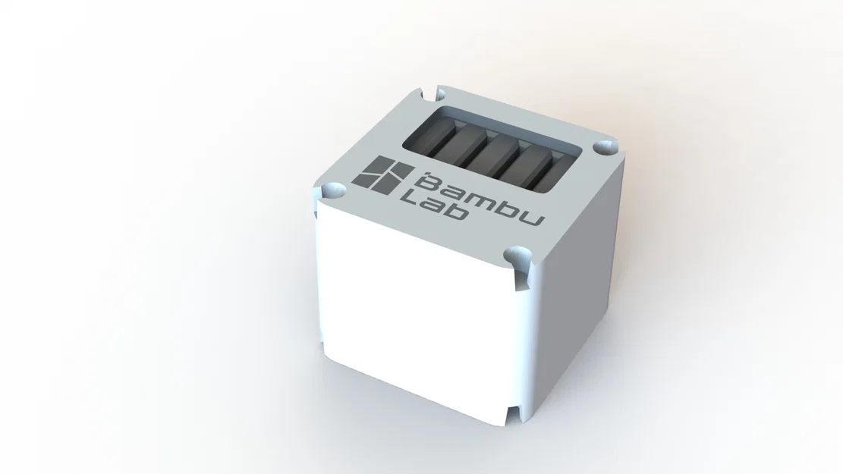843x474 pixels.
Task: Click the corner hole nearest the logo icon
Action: tap(332, 189)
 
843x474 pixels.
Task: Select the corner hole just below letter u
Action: tap(519, 254)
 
